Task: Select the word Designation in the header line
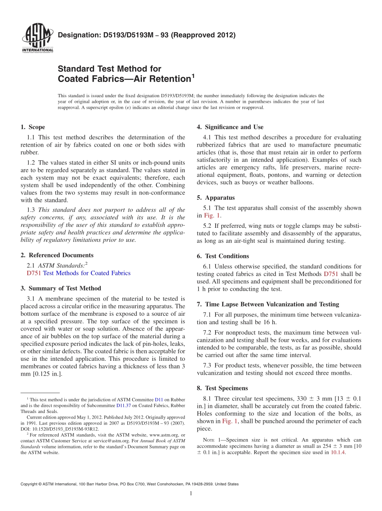77,35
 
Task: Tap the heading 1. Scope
33,127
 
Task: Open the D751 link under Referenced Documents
33,273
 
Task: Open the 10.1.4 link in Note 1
338,452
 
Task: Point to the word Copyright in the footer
29,484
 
